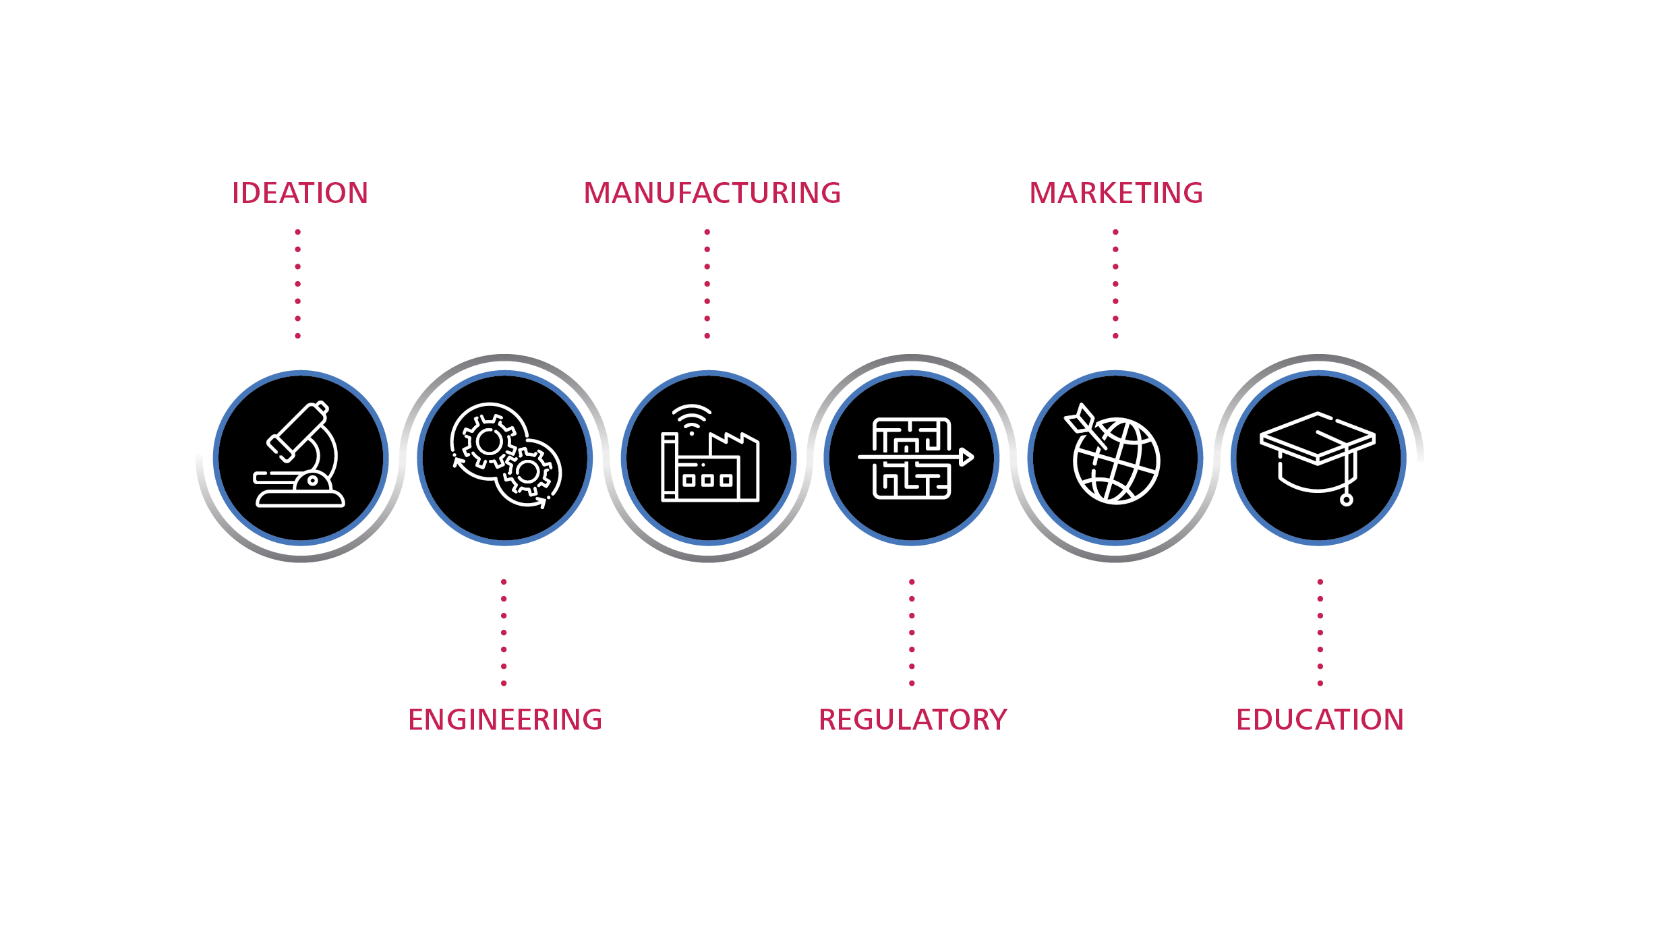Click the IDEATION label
click(300, 193)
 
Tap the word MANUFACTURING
click(712, 193)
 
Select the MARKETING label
click(1116, 193)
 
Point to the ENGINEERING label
click(505, 719)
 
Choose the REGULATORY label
click(912, 719)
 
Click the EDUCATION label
click(1320, 719)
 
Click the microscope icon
click(300, 454)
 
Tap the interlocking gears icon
click(506, 455)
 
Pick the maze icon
click(915, 458)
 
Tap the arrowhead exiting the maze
click(967, 457)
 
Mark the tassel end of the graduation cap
click(1347, 500)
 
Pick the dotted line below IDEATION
click(298, 284)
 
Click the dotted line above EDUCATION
click(1320, 633)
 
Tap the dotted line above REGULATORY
click(912, 633)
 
